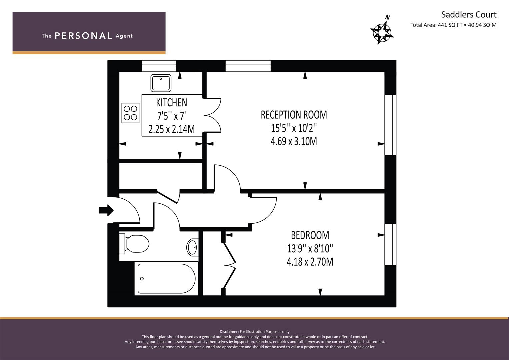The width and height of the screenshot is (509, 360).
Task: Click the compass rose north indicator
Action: (382, 30)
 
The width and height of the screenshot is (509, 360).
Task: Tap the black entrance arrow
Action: (106, 210)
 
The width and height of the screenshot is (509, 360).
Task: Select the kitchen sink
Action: (161, 83)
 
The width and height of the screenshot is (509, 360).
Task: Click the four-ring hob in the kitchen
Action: (130, 113)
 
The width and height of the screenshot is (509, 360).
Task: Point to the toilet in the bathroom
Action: (134, 244)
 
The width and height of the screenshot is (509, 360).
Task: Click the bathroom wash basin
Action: (192, 247)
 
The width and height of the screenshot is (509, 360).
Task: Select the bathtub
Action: (166, 278)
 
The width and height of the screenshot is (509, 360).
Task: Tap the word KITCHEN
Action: (172, 103)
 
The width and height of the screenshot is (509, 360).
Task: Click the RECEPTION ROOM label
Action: (294, 115)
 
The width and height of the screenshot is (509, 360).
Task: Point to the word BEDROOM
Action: (310, 235)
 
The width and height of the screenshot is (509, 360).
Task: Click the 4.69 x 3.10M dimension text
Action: (294, 141)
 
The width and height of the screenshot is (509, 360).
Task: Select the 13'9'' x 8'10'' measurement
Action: (310, 248)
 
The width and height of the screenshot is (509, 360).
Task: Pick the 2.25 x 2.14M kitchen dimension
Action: (172, 129)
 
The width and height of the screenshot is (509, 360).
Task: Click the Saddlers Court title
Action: (469, 15)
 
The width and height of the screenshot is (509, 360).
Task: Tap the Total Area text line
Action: (453, 25)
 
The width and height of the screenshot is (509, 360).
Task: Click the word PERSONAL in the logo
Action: (83, 36)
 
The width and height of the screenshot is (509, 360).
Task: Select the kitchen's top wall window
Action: (159, 66)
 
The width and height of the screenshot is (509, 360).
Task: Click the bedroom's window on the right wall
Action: (390, 244)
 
